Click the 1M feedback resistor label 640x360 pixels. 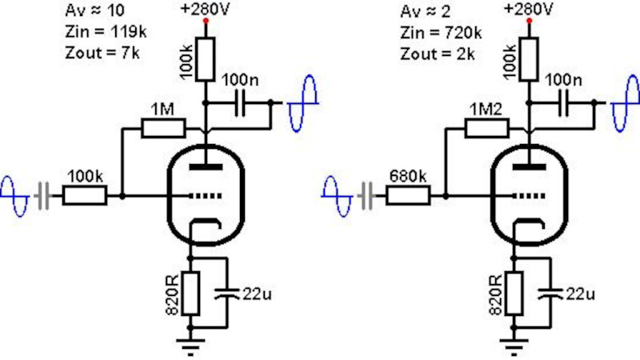162,110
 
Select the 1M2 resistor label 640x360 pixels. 486,110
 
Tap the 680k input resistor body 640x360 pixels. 408,195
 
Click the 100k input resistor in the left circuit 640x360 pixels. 85,195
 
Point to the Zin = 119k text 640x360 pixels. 106,32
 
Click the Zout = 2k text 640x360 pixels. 437,54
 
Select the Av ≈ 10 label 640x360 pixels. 94,10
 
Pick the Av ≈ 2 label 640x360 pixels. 425,11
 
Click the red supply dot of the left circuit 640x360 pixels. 206,21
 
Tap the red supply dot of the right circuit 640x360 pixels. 530,21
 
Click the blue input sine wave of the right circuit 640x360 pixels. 336,196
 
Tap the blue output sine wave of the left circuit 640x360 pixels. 302,104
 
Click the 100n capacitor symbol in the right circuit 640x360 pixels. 563,103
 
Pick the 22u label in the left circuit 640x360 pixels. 257,294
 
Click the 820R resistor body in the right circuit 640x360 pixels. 514,293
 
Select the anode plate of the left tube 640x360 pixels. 206,166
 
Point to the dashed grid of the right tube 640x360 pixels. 530,196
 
